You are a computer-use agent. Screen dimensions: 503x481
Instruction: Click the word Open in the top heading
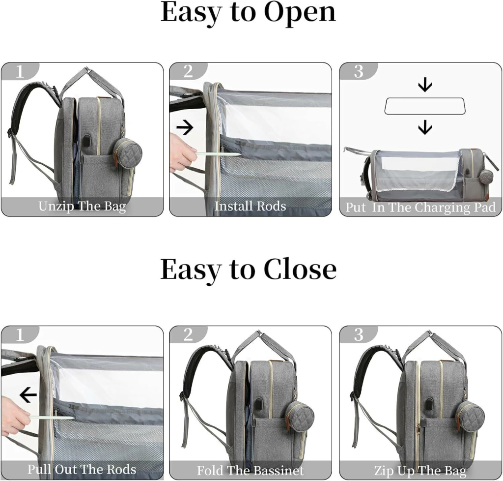[300, 13]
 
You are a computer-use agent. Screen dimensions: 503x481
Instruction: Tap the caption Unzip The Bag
[82, 207]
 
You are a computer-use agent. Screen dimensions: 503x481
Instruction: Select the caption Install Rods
[250, 206]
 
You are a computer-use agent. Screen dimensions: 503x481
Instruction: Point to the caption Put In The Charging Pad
[420, 208]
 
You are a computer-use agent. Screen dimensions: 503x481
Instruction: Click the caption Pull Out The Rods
[82, 469]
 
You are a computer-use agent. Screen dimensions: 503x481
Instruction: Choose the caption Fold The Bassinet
[250, 471]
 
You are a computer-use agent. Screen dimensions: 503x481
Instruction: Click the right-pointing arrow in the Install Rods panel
[185, 127]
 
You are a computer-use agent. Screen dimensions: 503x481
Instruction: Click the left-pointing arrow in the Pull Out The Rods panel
[28, 394]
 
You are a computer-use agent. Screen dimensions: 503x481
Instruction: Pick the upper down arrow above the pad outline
[425, 86]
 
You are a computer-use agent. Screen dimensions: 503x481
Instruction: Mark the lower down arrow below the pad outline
[425, 127]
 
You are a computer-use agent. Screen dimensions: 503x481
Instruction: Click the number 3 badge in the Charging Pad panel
[358, 71]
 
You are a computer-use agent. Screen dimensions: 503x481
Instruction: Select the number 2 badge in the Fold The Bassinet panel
[188, 334]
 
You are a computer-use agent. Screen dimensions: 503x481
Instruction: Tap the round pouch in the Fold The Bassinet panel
[299, 416]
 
